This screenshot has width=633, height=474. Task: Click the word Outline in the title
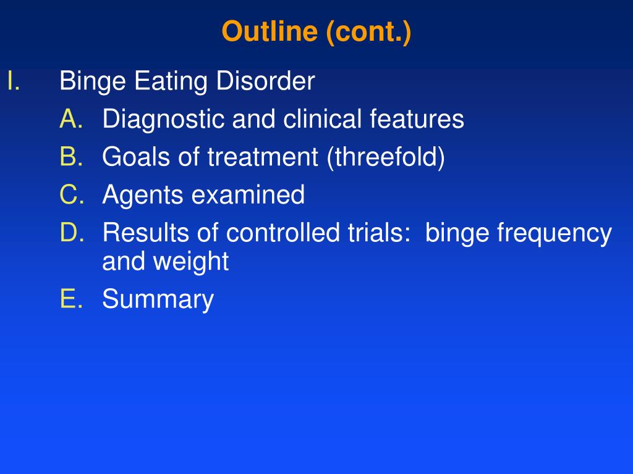[x=270, y=31]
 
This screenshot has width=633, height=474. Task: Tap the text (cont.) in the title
[x=368, y=33]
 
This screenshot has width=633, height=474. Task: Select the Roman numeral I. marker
[x=14, y=81]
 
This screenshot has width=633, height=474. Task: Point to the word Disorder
[x=266, y=81]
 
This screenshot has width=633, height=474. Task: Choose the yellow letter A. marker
[x=72, y=119]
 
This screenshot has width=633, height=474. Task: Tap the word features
[x=417, y=119]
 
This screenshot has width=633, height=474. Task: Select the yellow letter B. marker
[x=72, y=156]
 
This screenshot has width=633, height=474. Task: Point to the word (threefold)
[x=386, y=157]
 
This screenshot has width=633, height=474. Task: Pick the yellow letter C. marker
[x=72, y=194]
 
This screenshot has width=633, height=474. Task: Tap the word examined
[x=248, y=194]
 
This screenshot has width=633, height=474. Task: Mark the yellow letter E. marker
[x=72, y=299]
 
